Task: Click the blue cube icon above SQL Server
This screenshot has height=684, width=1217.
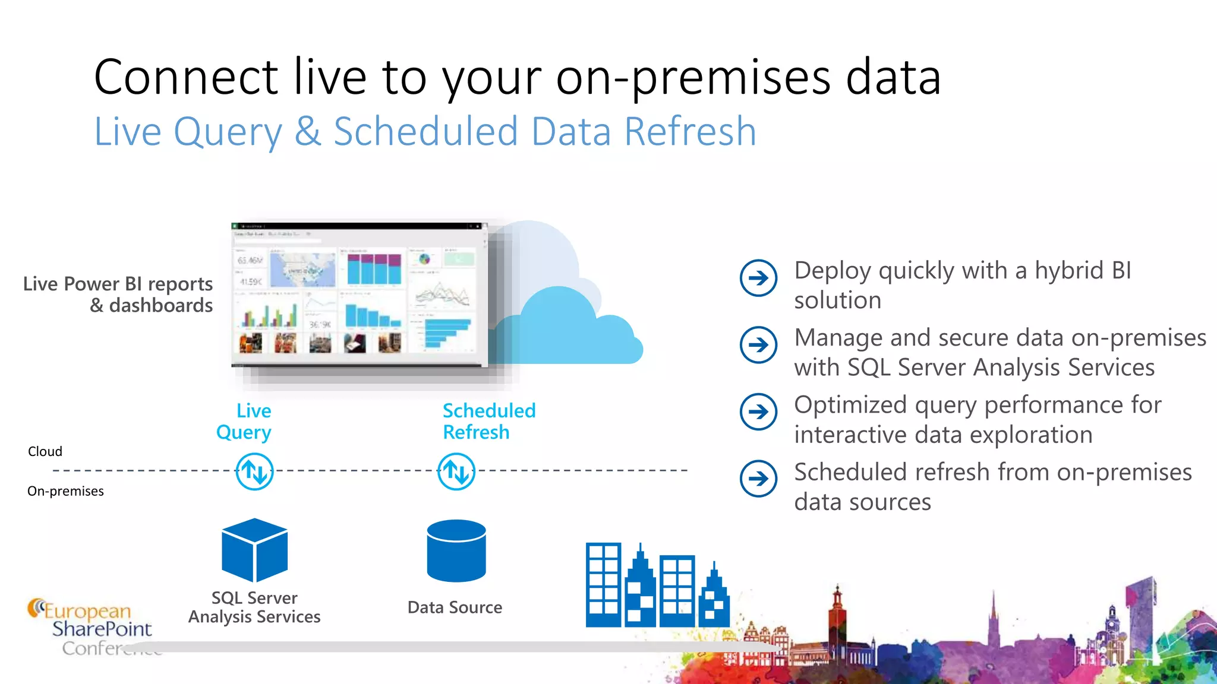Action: [254, 550]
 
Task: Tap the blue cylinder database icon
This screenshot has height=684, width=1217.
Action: [456, 550]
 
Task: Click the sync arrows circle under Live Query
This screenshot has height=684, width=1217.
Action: [254, 472]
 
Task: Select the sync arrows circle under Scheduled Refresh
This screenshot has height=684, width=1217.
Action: [456, 472]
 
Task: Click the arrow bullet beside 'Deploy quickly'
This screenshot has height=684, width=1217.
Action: [758, 278]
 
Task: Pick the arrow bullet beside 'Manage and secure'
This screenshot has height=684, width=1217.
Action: [758, 345]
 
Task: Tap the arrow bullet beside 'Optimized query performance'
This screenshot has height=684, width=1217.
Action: [758, 412]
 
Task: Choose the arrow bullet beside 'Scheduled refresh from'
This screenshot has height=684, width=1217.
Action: [758, 479]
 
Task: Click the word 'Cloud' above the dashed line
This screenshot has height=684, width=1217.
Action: [45, 451]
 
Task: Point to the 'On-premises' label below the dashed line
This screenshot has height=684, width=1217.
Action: [65, 491]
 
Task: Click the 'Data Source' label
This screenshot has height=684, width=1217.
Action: [455, 607]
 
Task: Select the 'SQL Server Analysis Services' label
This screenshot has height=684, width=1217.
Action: [254, 607]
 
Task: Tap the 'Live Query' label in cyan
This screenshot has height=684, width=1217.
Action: [244, 422]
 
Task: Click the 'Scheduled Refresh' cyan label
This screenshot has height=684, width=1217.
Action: [488, 422]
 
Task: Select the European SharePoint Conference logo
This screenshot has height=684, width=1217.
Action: [89, 628]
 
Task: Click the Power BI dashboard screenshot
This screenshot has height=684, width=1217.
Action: [359, 295]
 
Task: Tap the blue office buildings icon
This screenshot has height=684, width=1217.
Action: [657, 585]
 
